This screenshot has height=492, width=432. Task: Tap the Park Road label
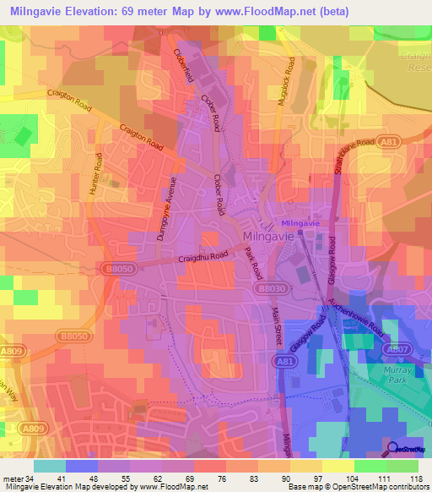[x=251, y=264]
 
